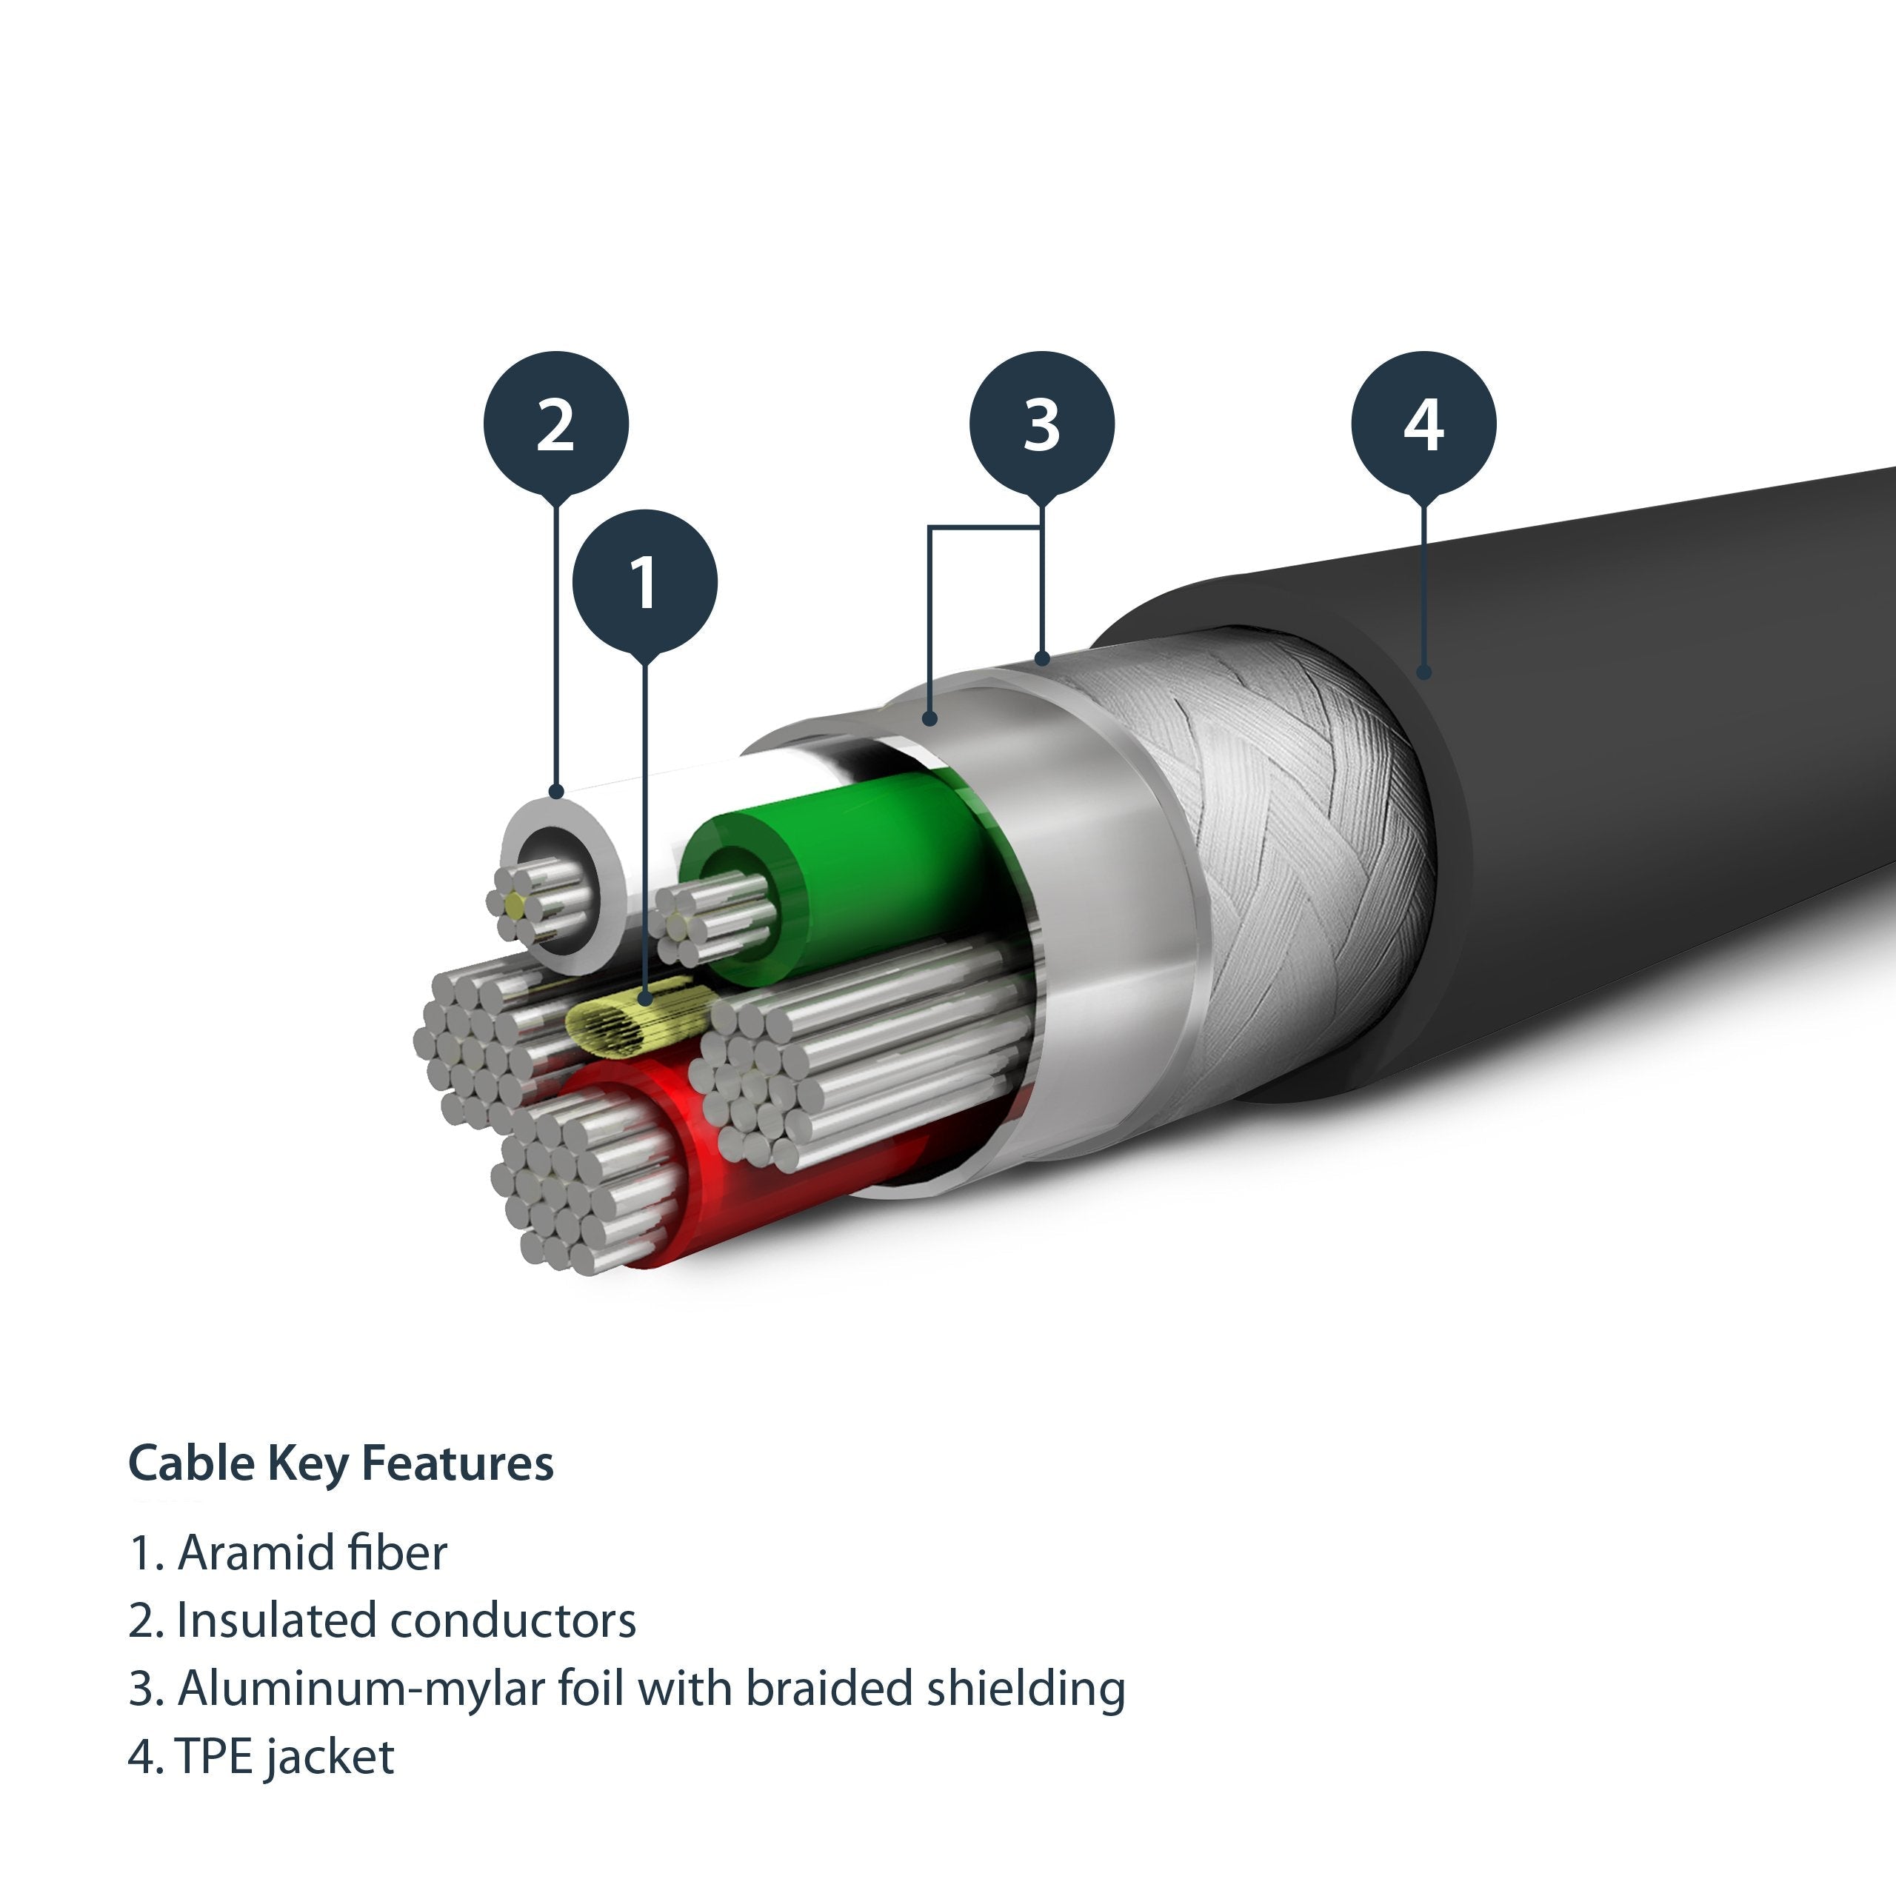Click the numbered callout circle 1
pos(645,581)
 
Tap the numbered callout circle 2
pos(555,424)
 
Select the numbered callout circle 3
pos(1041,424)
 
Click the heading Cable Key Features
pos(341,1463)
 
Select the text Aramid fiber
pos(311,1552)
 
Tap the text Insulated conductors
pos(405,1620)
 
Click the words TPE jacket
pos(284,1757)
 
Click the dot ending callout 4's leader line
pos(1424,672)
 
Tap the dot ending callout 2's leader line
pos(556,791)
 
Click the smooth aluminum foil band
pos(1099,884)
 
